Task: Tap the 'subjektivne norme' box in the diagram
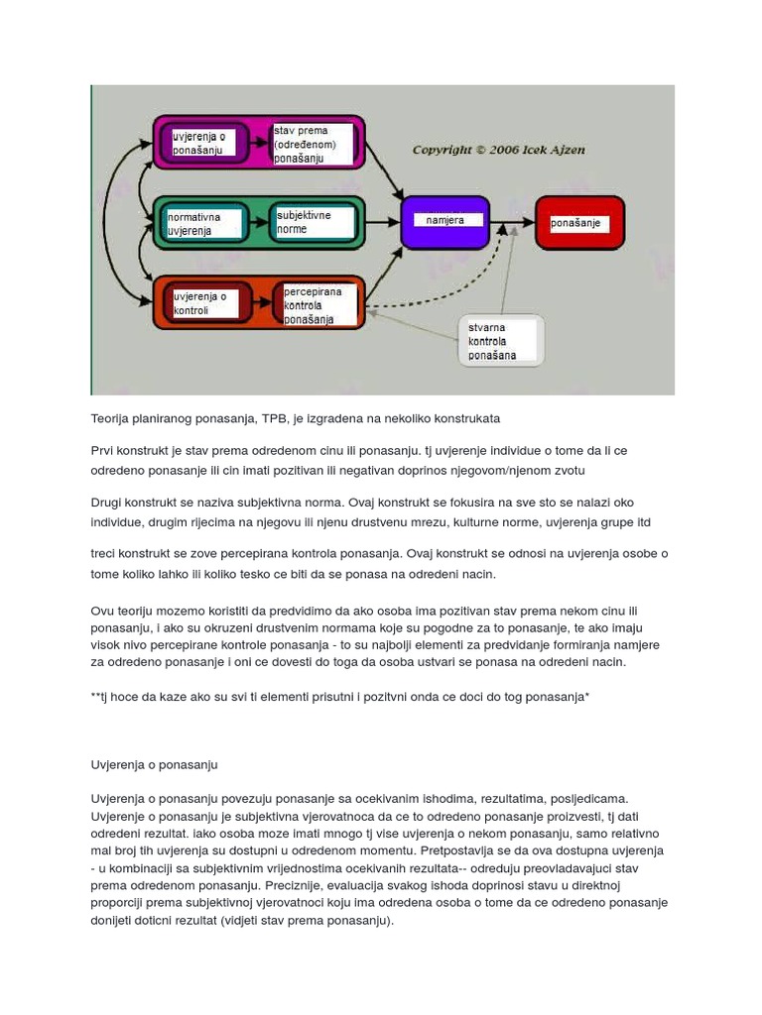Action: (x=316, y=222)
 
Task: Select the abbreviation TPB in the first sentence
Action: (x=278, y=418)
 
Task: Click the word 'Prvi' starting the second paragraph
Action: (x=103, y=450)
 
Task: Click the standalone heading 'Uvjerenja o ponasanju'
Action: (x=154, y=765)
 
